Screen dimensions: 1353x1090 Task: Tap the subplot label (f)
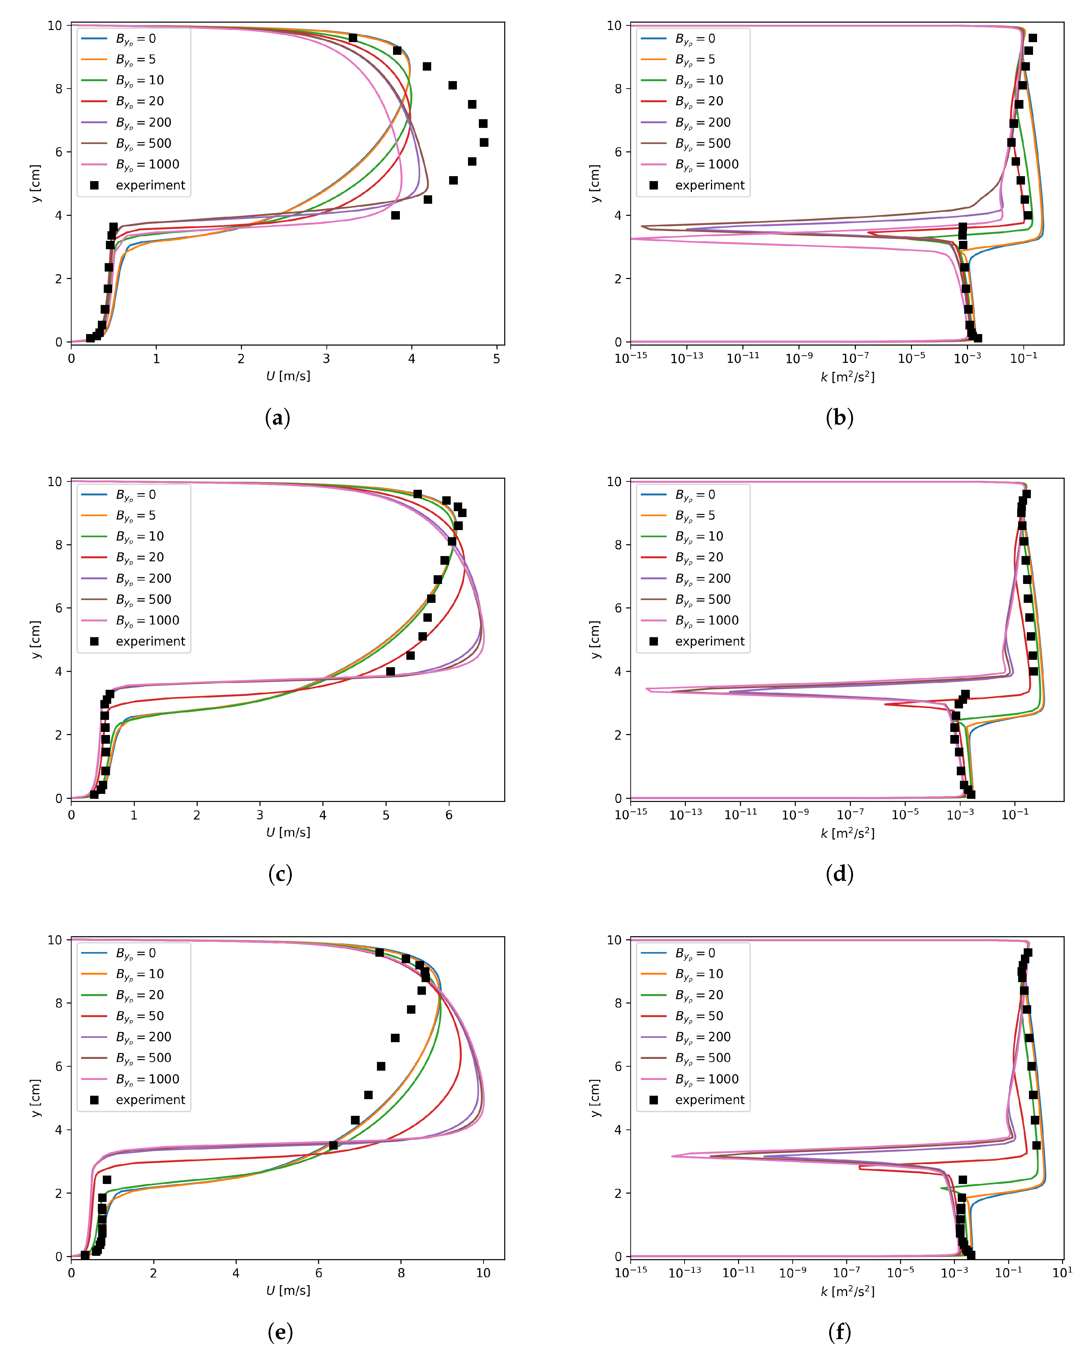[x=839, y=1332]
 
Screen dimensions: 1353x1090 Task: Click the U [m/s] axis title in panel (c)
[x=288, y=832]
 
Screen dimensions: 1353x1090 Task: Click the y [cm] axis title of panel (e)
[x=36, y=1098]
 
